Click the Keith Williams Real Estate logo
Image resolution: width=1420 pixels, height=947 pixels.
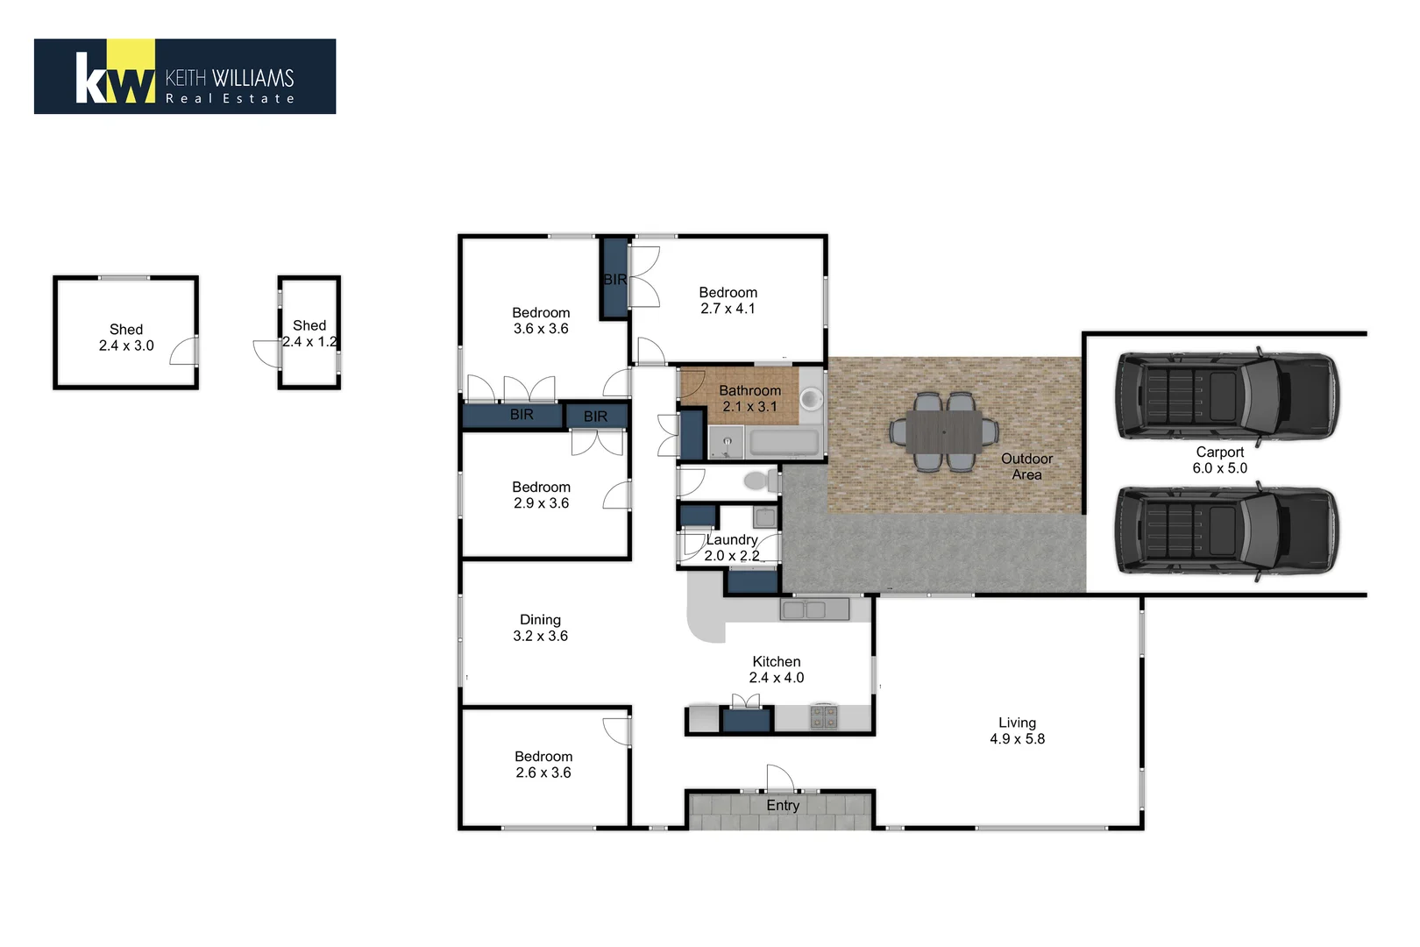(x=184, y=76)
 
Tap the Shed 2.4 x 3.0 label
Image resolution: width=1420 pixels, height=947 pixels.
(x=126, y=338)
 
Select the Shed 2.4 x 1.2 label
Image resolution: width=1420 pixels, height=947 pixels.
(x=309, y=333)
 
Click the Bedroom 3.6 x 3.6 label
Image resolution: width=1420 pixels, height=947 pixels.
(x=541, y=321)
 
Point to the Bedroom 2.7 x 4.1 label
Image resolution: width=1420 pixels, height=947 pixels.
(x=728, y=301)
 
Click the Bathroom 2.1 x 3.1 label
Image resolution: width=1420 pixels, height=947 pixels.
(x=749, y=399)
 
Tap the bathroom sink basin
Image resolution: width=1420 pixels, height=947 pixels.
(x=811, y=400)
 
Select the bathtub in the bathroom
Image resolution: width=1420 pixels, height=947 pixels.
(x=785, y=441)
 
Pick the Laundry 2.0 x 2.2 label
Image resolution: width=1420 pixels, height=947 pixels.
(x=731, y=548)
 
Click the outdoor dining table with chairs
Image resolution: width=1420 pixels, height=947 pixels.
(x=943, y=431)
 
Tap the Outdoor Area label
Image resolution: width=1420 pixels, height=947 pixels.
(x=1026, y=466)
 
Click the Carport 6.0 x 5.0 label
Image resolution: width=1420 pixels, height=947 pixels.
(x=1219, y=460)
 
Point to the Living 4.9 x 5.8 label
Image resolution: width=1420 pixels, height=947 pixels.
(x=1017, y=730)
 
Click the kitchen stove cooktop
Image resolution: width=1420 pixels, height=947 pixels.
(x=823, y=716)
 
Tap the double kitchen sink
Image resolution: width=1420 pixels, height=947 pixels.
(x=815, y=609)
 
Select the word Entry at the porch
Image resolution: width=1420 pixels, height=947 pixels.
(x=783, y=805)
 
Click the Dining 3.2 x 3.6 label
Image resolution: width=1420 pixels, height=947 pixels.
(x=540, y=628)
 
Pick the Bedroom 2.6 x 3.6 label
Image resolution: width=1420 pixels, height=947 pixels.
(x=543, y=765)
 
